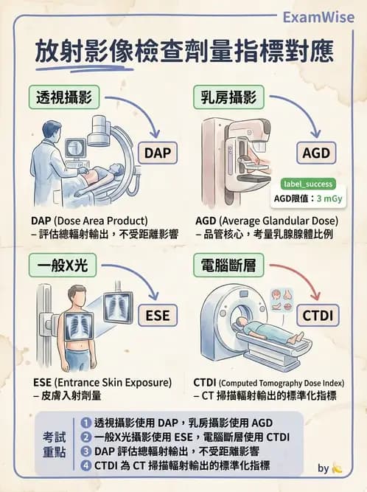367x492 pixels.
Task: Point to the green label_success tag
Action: coord(308,184)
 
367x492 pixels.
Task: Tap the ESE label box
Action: coord(157,316)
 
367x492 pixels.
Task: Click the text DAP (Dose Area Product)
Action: coord(90,221)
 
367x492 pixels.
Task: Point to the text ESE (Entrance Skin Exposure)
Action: coord(102,383)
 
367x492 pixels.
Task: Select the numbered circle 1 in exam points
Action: coord(86,423)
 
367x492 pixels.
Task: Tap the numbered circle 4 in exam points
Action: coord(86,465)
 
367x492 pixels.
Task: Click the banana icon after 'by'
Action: coord(338,468)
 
